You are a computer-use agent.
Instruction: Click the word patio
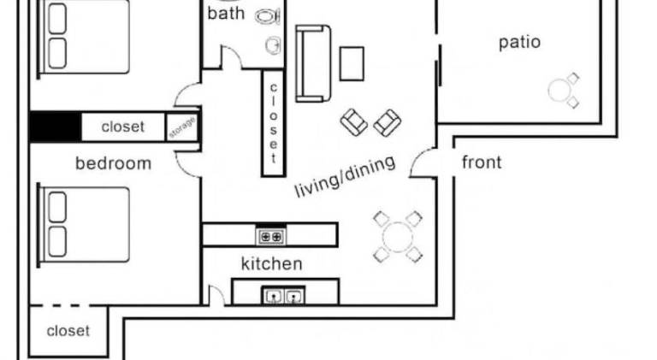pyautogui.click(x=519, y=43)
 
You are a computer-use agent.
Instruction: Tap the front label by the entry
pyautogui.click(x=482, y=162)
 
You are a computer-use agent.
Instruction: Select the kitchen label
pyautogui.click(x=271, y=263)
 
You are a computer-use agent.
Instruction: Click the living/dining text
pyautogui.click(x=345, y=176)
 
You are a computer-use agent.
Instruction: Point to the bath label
pyautogui.click(x=226, y=14)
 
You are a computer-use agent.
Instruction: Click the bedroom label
pyautogui.click(x=113, y=163)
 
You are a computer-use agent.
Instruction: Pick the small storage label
pyautogui.click(x=182, y=127)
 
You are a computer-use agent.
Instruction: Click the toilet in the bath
pyautogui.click(x=268, y=16)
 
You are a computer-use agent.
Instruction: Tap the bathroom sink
pyautogui.click(x=273, y=44)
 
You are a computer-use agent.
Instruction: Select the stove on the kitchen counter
pyautogui.click(x=270, y=237)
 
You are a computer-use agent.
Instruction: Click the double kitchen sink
pyautogui.click(x=283, y=296)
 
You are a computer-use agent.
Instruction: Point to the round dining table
pyautogui.click(x=397, y=237)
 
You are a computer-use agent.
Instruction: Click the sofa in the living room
pyautogui.click(x=313, y=63)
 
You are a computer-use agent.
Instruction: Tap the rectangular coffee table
pyautogui.click(x=352, y=63)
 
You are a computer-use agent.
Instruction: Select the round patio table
pyautogui.click(x=559, y=91)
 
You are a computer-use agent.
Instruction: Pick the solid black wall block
pyautogui.click(x=56, y=127)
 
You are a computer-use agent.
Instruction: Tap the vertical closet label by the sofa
pyautogui.click(x=273, y=122)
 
